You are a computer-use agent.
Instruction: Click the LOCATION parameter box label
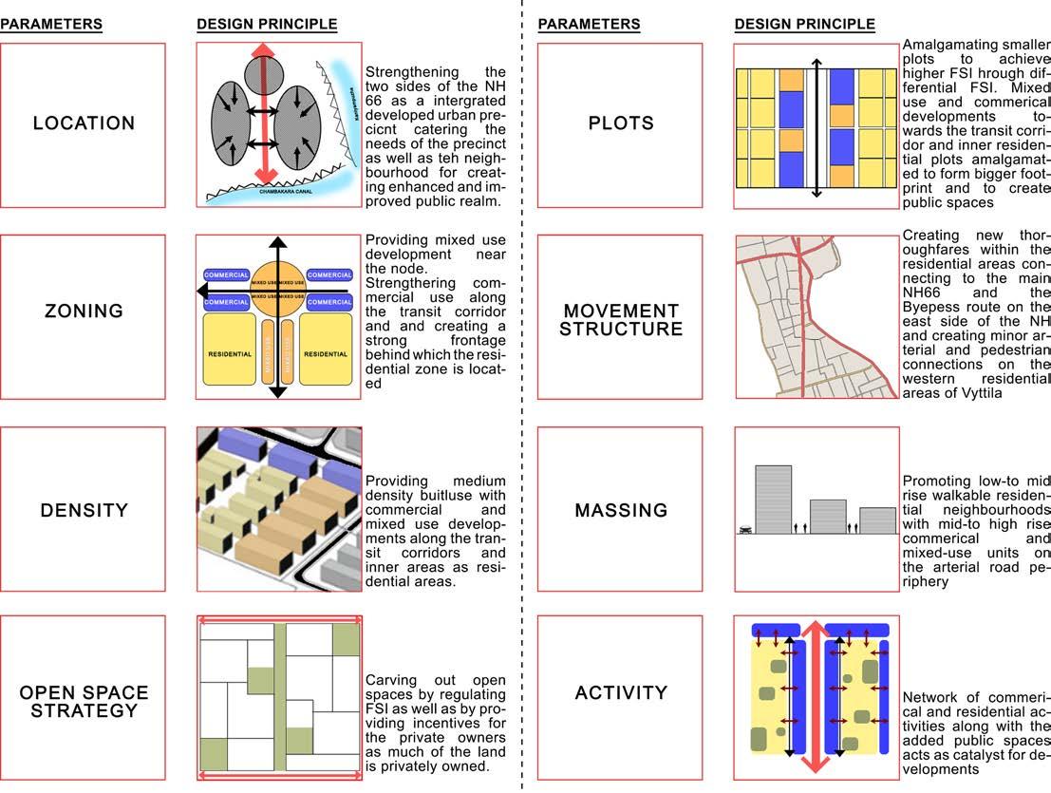click(84, 123)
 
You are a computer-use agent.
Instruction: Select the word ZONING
click(84, 311)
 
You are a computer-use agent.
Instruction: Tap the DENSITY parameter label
click(84, 510)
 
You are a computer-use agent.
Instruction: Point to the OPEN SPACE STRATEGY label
click(84, 701)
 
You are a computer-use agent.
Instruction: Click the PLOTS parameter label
click(621, 123)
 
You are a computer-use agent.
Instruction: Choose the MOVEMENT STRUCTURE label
click(621, 320)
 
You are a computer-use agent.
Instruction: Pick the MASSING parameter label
click(621, 510)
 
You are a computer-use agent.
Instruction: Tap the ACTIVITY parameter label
click(621, 692)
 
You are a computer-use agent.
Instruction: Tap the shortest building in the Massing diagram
click(877, 520)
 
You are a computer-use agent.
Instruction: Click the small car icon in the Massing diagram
click(745, 530)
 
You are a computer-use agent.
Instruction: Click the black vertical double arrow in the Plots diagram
click(816, 126)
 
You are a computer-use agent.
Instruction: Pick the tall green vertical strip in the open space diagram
click(280, 698)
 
